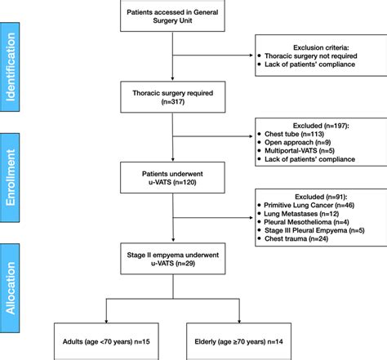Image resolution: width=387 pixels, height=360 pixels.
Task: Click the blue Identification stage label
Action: pyautogui.click(x=10, y=67)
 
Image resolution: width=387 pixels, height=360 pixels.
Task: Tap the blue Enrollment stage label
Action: pyautogui.click(x=10, y=178)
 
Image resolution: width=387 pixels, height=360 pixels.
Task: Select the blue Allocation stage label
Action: pyautogui.click(x=10, y=288)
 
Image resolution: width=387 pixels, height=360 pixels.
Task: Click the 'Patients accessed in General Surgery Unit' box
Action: pyautogui.click(x=172, y=16)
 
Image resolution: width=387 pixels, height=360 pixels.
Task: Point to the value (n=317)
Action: pyautogui.click(x=173, y=102)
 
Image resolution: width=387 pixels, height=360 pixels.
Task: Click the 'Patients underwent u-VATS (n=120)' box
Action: pyautogui.click(x=172, y=178)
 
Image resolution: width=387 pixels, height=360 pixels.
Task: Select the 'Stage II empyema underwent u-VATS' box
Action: pyautogui.click(x=173, y=259)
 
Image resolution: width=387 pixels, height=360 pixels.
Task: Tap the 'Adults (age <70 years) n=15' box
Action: pyautogui.click(x=106, y=341)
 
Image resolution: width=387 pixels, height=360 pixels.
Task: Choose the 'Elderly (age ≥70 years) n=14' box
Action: pyautogui.click(x=238, y=341)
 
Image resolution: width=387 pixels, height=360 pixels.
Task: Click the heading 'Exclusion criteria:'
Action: pyautogui.click(x=321, y=47)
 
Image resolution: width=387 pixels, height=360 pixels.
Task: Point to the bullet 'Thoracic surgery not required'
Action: pyautogui.click(x=311, y=56)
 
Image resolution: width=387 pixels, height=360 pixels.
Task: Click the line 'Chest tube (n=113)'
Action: pyautogui.click(x=294, y=134)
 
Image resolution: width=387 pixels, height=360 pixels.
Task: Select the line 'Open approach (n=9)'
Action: pyautogui.click(x=298, y=142)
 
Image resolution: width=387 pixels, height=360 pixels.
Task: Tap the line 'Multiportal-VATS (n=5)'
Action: pyautogui.click(x=300, y=151)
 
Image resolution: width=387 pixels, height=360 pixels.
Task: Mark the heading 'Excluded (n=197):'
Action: pyautogui.click(x=321, y=126)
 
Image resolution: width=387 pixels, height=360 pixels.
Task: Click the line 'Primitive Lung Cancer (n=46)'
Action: pyautogui.click(x=309, y=205)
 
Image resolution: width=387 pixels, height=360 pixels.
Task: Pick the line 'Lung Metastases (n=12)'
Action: pyautogui.click(x=301, y=214)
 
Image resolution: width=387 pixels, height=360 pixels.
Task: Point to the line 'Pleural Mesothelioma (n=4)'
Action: pyautogui.click(x=306, y=222)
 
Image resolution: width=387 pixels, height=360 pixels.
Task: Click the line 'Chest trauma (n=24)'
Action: pyautogui.click(x=296, y=238)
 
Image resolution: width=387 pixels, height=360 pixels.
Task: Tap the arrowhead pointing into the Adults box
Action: pyautogui.click(x=106, y=322)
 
